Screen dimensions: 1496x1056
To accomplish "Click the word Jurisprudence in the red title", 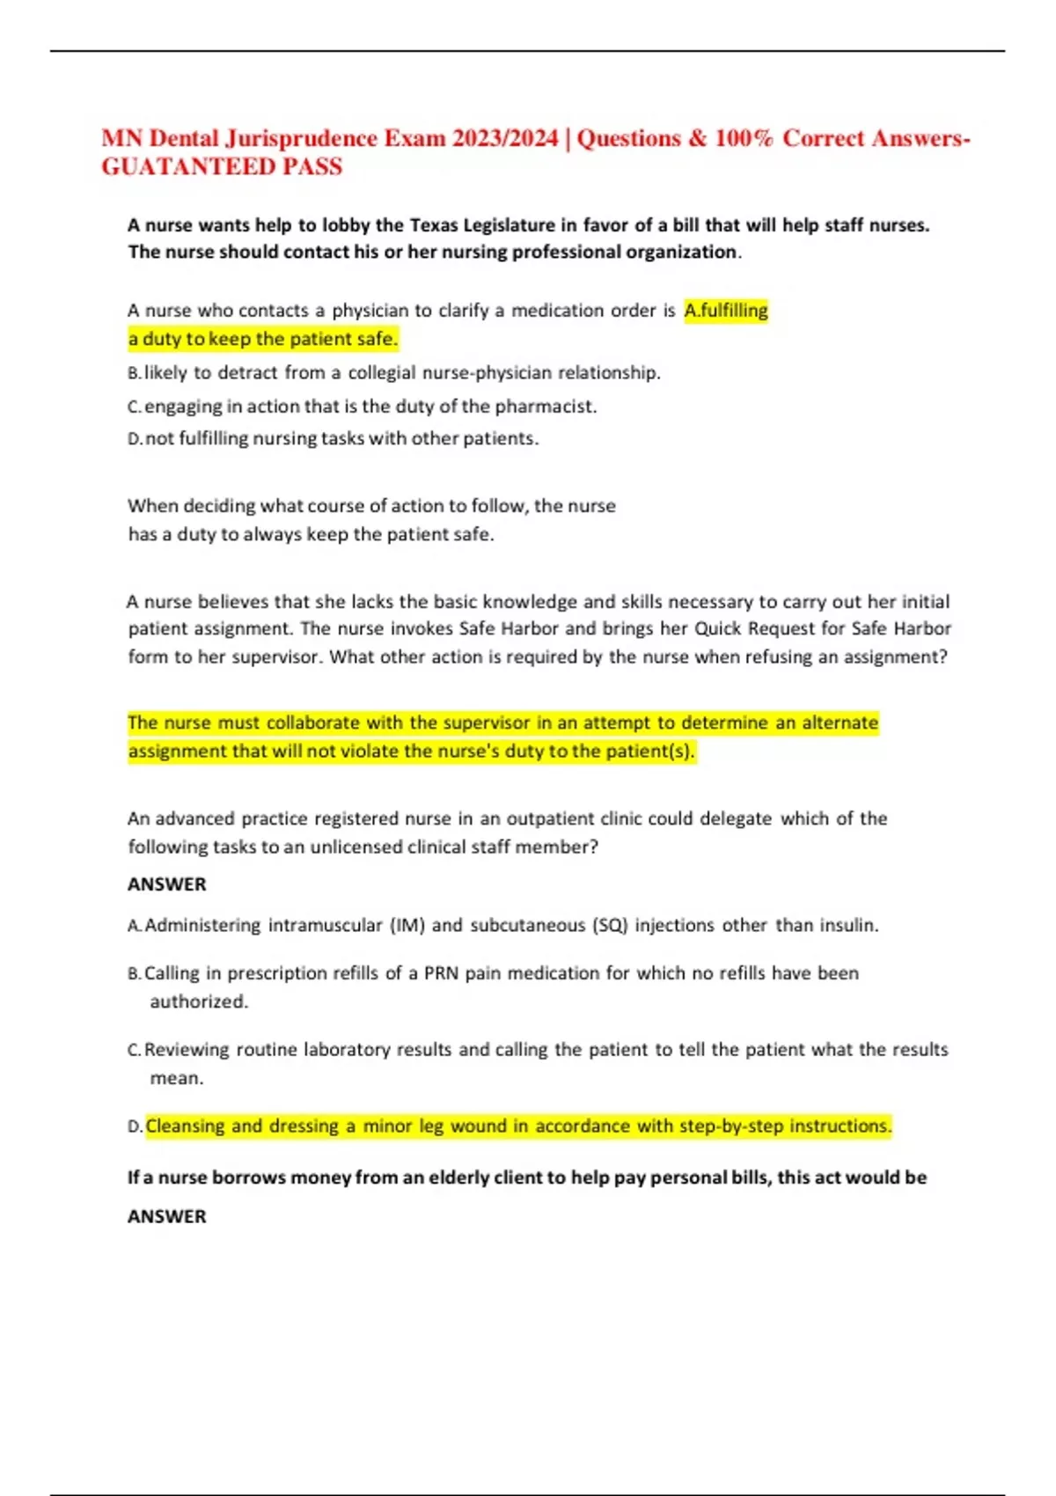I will click(300, 138).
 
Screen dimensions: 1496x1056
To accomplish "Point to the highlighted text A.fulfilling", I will click(726, 310).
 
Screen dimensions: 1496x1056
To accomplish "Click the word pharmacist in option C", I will click(545, 407).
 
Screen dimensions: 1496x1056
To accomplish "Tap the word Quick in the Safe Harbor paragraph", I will click(719, 628).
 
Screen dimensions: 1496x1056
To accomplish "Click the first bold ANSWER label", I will click(167, 884).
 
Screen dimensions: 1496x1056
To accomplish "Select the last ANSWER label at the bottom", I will click(167, 1216).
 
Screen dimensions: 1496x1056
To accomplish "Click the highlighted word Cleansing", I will click(185, 1126).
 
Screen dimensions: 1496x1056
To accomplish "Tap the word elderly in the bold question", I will click(460, 1177).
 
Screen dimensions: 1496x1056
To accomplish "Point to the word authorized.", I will click(199, 1001).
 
